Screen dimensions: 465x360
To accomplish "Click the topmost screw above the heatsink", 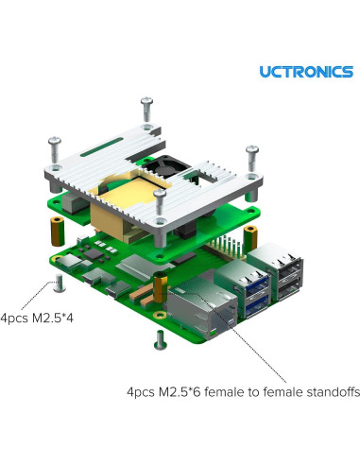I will [x=146, y=110].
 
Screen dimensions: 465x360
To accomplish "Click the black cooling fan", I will [x=156, y=166].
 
